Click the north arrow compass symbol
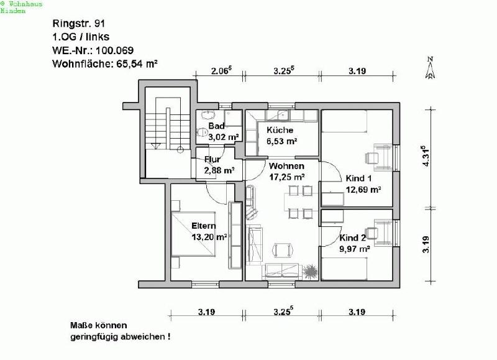coord(429,68)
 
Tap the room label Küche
coord(280,130)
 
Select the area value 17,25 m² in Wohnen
coord(286,177)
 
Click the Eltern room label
coord(204,226)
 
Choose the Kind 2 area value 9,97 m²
coord(355,249)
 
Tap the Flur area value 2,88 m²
coord(219,170)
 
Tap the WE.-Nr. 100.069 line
coord(94,50)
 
